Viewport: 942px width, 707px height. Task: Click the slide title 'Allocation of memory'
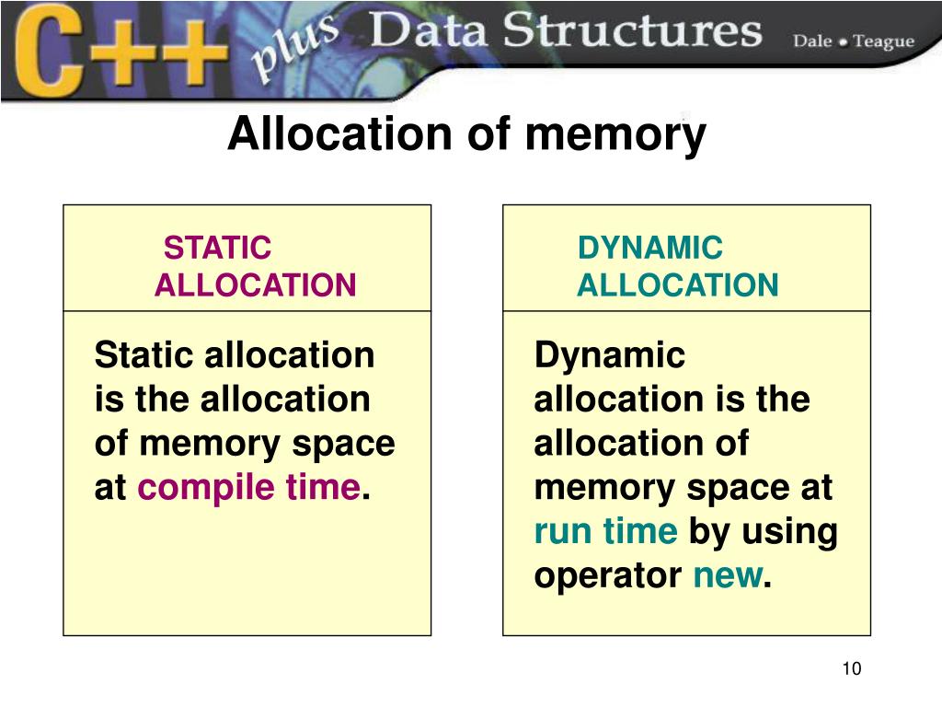pyautogui.click(x=466, y=135)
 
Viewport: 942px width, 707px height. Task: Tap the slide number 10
pyautogui.click(x=851, y=668)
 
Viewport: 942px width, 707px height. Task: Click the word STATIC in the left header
pyautogui.click(x=217, y=249)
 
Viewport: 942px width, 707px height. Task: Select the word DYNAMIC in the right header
pyautogui.click(x=650, y=249)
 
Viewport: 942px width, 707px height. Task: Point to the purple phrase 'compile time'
pyautogui.click(x=248, y=489)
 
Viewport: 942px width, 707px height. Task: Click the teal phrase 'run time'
pyautogui.click(x=605, y=532)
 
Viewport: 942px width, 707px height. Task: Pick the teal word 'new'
pyautogui.click(x=727, y=577)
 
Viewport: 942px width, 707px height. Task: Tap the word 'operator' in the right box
pyautogui.click(x=608, y=577)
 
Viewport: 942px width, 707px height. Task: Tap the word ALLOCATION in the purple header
pyautogui.click(x=255, y=286)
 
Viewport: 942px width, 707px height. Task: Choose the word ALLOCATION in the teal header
pyautogui.click(x=677, y=286)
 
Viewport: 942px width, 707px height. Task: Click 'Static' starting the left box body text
pyautogui.click(x=144, y=355)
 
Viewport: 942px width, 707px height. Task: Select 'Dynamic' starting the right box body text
pyautogui.click(x=609, y=355)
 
